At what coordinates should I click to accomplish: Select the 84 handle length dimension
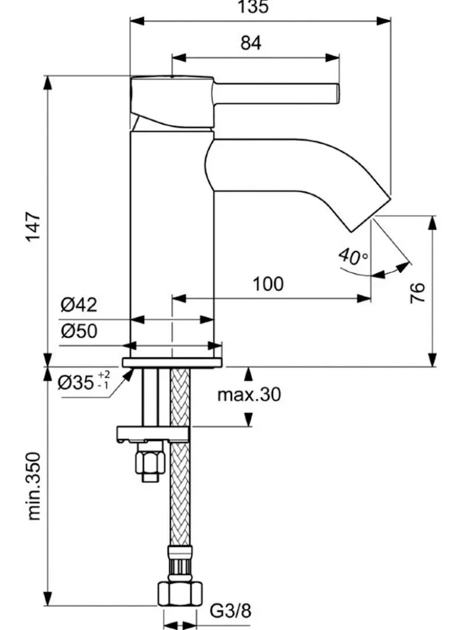251,44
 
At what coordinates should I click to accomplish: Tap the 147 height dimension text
33,229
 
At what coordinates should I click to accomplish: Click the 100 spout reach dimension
268,284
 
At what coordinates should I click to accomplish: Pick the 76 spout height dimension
417,292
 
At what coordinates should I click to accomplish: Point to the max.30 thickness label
249,394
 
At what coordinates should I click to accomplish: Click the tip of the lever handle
335,94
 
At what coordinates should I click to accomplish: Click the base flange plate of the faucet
172,363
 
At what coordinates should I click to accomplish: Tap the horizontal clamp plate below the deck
153,433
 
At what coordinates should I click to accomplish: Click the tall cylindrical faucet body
172,244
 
